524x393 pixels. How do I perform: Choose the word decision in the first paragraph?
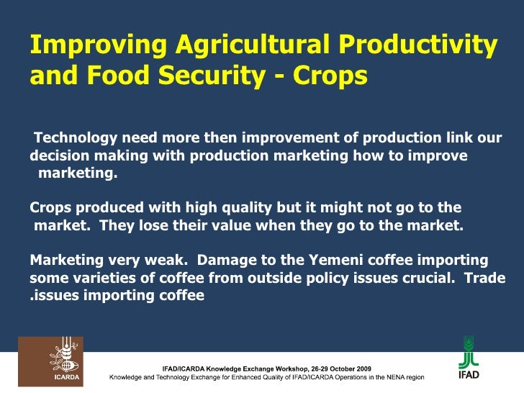coord(58,156)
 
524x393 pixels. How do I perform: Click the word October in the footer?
coord(332,368)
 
